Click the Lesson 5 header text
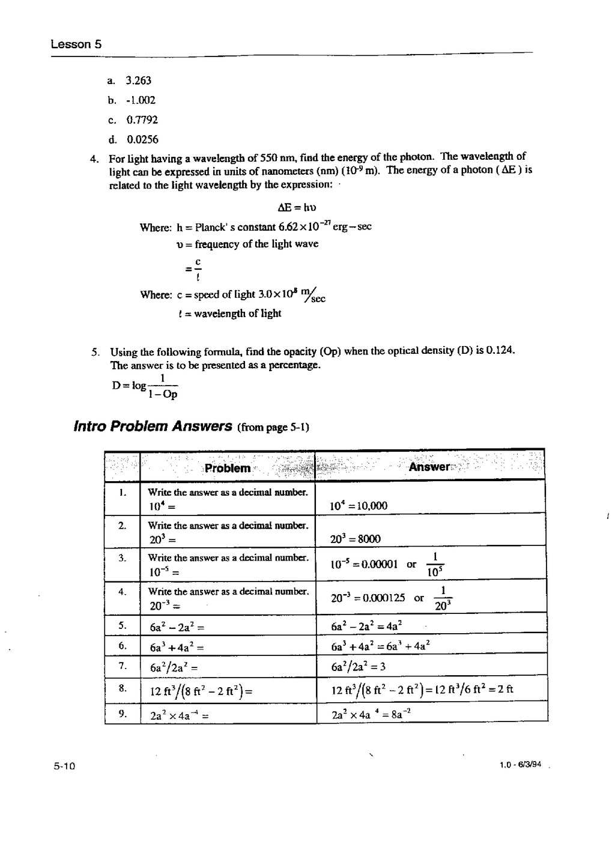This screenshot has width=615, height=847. (76, 44)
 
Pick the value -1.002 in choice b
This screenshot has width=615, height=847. (141, 100)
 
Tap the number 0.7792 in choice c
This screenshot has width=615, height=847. (142, 120)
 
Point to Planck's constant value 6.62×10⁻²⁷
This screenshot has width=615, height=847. (304, 226)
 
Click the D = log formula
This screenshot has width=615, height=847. (145, 386)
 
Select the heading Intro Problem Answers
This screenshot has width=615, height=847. (153, 427)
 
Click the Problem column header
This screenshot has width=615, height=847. (227, 469)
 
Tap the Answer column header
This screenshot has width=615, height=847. (429, 467)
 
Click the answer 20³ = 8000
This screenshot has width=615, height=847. (356, 539)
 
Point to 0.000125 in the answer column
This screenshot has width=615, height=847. (384, 598)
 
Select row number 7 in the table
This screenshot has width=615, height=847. (122, 665)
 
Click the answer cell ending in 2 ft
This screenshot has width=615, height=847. (422, 690)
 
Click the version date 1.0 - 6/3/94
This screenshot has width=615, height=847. (520, 765)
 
